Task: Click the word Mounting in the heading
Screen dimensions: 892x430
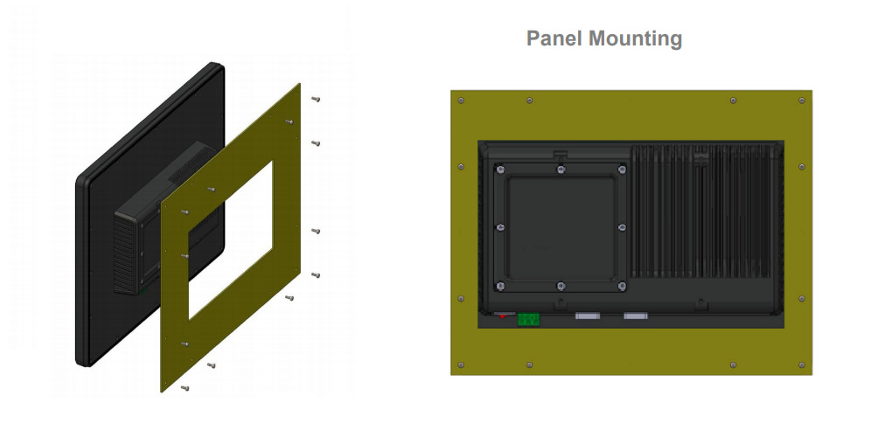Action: point(636,39)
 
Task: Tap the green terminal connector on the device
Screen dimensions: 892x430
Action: point(528,320)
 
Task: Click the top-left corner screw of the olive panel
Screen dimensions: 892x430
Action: point(461,101)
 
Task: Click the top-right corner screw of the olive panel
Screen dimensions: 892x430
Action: point(802,101)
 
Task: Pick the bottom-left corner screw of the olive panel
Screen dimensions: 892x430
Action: point(461,364)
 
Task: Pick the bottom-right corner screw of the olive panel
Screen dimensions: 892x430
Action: point(802,364)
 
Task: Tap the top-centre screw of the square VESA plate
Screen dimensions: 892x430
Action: point(561,170)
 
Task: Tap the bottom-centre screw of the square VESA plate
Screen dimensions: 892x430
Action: point(561,286)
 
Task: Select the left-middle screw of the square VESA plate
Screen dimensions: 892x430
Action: point(500,227)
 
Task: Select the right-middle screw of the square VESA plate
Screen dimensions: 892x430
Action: point(622,227)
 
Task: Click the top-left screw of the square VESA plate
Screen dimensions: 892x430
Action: point(500,170)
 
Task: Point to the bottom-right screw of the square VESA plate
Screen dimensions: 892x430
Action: point(622,286)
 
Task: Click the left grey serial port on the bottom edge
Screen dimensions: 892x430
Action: point(588,316)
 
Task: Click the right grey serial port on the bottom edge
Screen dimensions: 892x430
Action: point(636,316)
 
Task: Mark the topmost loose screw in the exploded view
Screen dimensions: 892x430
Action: point(316,99)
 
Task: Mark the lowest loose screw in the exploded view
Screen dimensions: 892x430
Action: point(185,388)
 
